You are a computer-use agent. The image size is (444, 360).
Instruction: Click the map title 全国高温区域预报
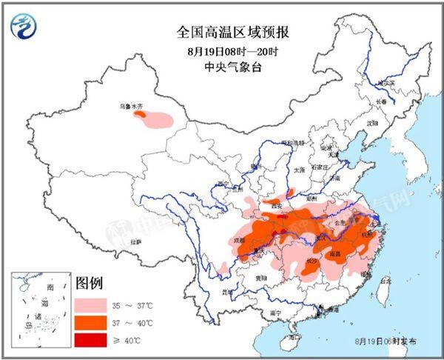[221, 32]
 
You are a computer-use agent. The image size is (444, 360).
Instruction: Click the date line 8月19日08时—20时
[222, 51]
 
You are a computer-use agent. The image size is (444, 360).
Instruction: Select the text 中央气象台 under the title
[222, 67]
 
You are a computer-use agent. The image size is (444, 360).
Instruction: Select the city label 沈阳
[371, 121]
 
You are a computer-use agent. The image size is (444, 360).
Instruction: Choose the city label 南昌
[335, 253]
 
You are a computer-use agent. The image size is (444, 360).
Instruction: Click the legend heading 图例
[89, 283]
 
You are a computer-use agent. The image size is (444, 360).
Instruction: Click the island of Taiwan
[382, 290]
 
